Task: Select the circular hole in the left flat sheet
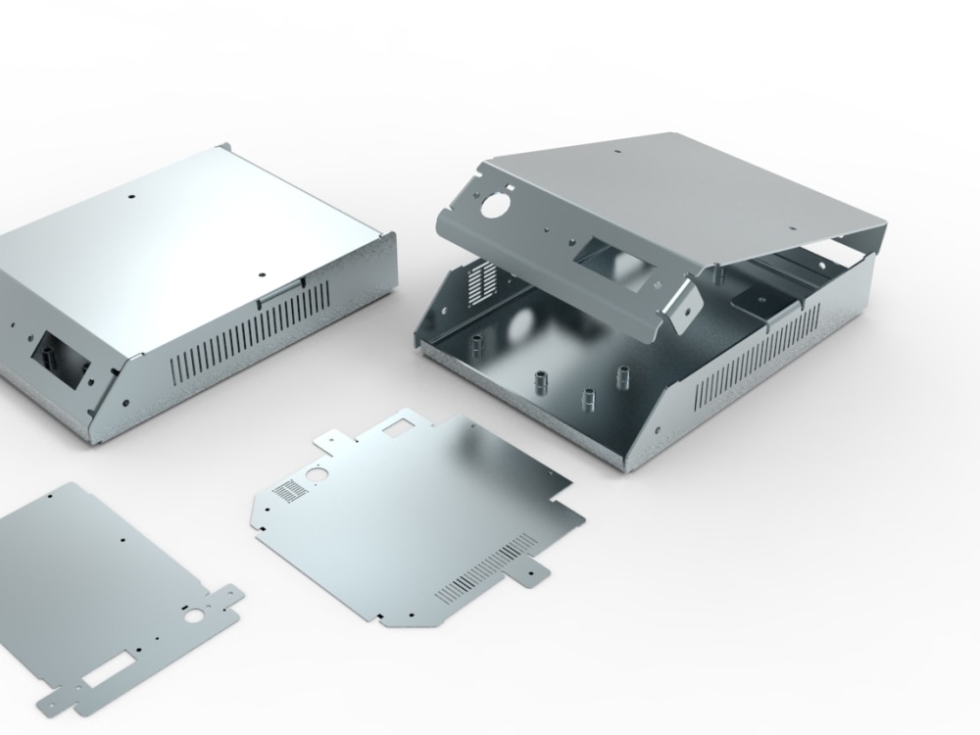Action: click(x=195, y=619)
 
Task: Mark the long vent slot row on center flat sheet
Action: click(x=486, y=567)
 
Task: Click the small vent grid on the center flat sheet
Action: click(x=286, y=489)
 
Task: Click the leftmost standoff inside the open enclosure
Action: click(x=477, y=347)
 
